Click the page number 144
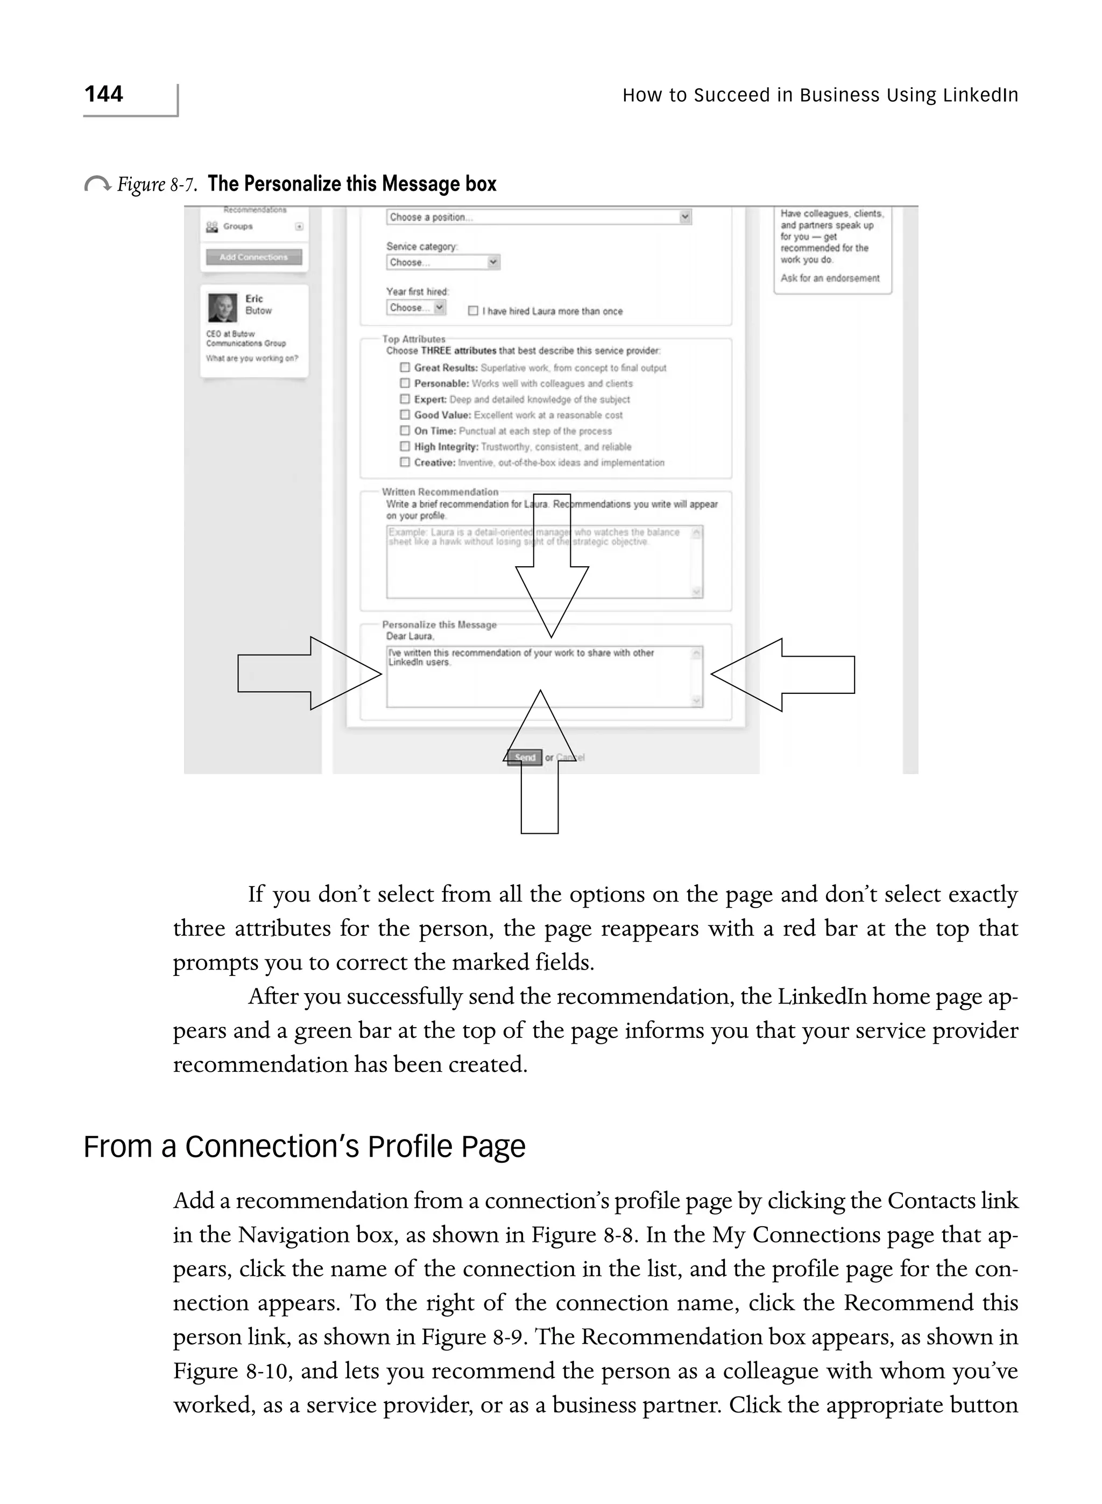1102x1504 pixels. click(x=103, y=94)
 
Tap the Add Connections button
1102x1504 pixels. click(x=253, y=257)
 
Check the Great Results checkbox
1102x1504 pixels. click(x=404, y=367)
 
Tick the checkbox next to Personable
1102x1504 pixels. click(x=404, y=383)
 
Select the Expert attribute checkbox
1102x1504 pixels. click(x=404, y=399)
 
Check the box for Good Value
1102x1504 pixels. click(x=404, y=414)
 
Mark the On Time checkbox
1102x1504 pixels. click(x=404, y=431)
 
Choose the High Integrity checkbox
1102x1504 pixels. click(x=404, y=446)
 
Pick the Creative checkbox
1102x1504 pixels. click(x=404, y=462)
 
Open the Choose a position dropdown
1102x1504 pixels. click(x=538, y=217)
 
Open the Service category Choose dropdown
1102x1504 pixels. click(x=443, y=262)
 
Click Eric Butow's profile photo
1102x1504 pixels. click(x=222, y=307)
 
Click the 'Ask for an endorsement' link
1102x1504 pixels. click(x=830, y=278)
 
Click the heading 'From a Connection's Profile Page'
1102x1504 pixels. click(x=304, y=1147)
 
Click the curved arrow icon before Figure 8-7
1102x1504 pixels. click(x=97, y=184)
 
